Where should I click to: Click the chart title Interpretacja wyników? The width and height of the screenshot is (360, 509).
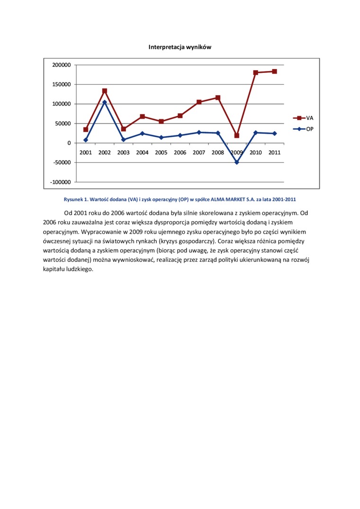click(x=180, y=47)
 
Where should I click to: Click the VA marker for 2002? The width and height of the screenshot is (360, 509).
click(x=105, y=91)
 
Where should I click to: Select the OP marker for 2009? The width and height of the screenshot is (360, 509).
click(x=237, y=162)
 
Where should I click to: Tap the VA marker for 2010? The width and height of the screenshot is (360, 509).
click(x=256, y=72)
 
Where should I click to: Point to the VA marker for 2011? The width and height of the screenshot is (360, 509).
click(x=274, y=71)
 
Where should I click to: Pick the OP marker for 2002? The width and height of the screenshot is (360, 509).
click(x=105, y=102)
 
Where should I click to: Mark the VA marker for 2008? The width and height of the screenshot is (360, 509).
click(x=218, y=98)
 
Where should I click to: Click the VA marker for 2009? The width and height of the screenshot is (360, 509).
click(x=237, y=135)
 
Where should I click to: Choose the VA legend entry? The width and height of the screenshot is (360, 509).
click(x=303, y=118)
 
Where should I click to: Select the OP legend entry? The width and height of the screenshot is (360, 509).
click(x=303, y=129)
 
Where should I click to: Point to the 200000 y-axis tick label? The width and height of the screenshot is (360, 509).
click(x=61, y=65)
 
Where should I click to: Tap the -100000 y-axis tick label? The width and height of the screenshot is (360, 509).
click(x=60, y=182)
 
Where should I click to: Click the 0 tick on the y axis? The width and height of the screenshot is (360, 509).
click(x=69, y=143)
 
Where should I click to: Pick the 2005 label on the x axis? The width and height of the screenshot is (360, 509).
click(x=161, y=152)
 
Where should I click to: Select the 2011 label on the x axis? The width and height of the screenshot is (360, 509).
click(x=274, y=152)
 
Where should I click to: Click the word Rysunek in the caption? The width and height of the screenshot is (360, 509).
click(x=74, y=199)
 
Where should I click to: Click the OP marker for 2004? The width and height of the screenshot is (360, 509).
click(x=142, y=134)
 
